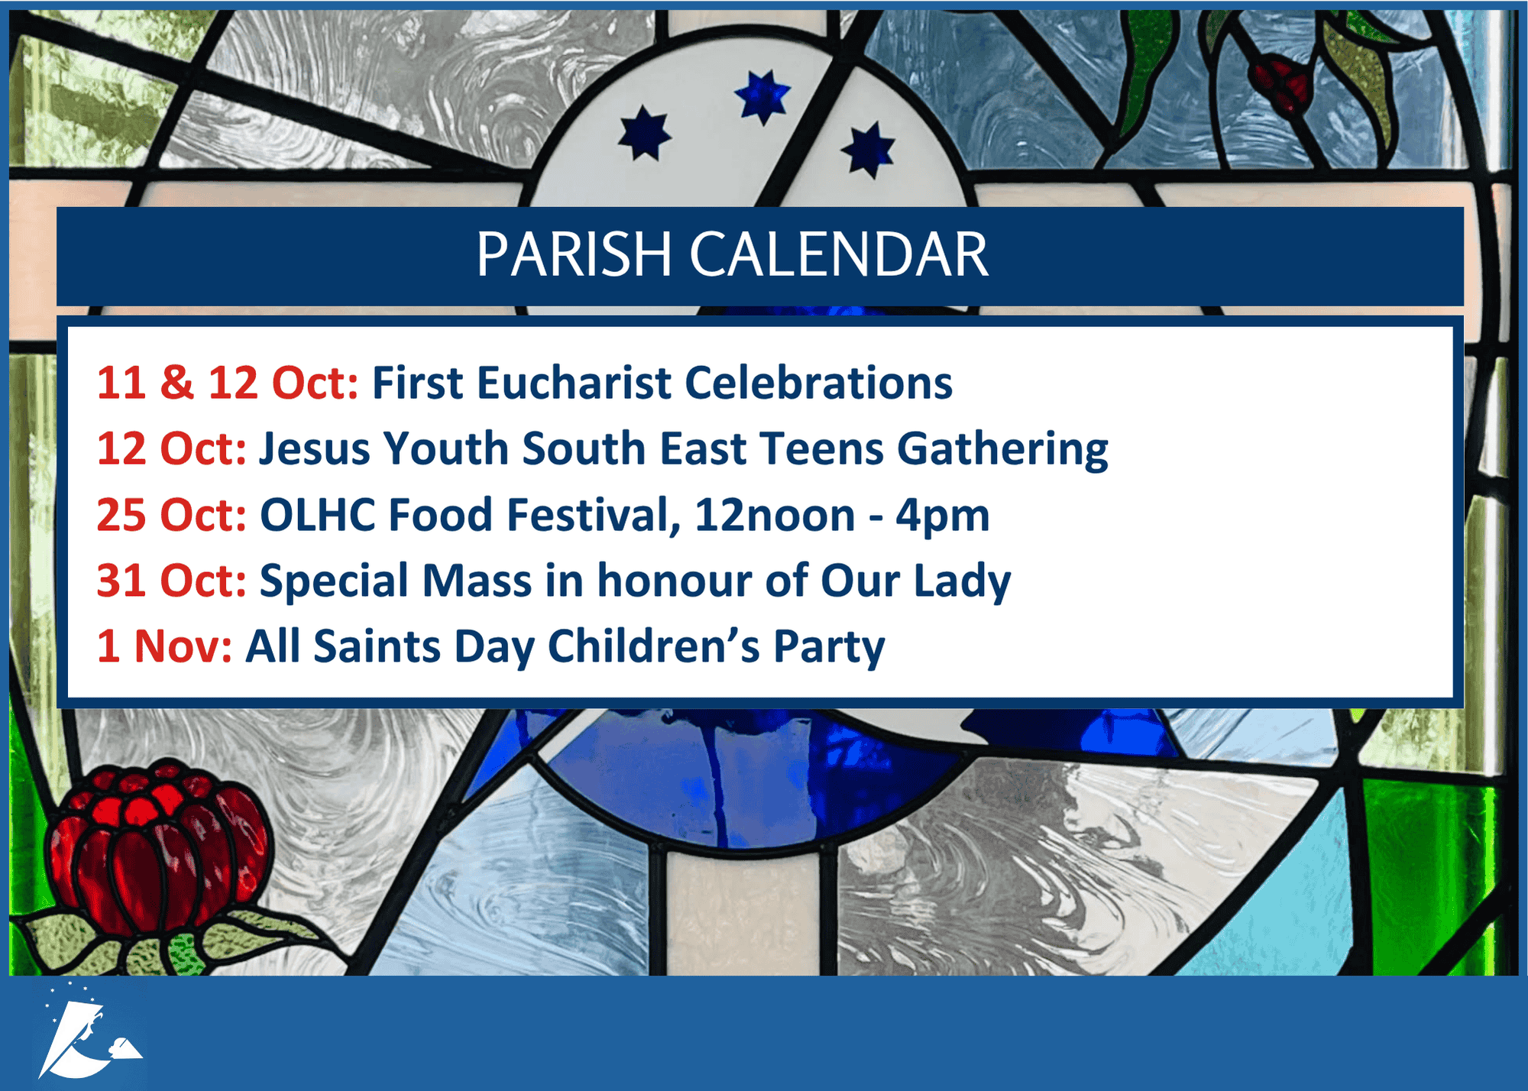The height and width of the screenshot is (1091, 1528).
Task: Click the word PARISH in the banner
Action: (574, 254)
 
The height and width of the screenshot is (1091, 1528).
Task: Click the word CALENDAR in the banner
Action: (839, 254)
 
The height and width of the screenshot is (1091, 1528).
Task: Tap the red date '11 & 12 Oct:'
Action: (228, 383)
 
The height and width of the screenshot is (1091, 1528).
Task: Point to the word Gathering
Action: (1002, 450)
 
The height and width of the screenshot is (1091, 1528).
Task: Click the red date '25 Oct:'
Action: (172, 515)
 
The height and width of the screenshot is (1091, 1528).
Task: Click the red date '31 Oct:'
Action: (172, 581)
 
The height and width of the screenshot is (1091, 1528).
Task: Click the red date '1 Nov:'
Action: (164, 647)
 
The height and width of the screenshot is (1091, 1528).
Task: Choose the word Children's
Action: (654, 647)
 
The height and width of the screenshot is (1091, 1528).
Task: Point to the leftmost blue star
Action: (645, 133)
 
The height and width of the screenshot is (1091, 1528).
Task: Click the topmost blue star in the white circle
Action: (762, 96)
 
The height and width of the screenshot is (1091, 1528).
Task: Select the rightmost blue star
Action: (868, 149)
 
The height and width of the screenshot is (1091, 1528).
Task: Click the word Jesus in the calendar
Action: (315, 449)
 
